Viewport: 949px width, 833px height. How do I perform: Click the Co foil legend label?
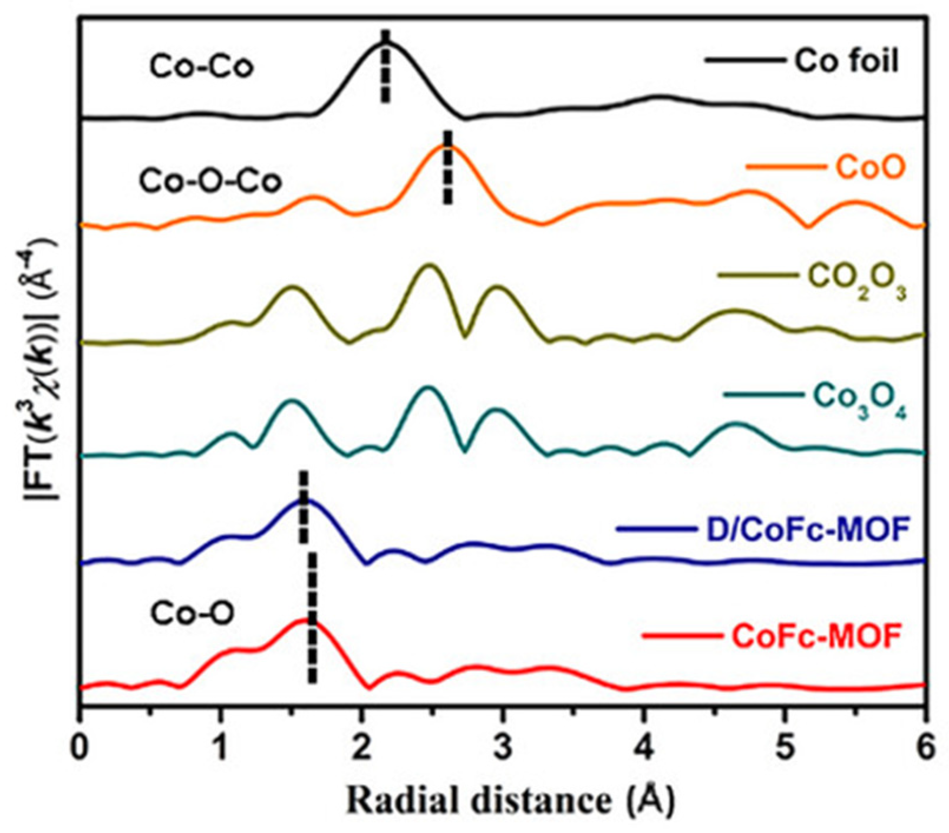[x=846, y=61]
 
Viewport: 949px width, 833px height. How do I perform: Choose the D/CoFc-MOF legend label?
[x=805, y=530]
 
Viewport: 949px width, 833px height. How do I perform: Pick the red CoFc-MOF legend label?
[x=816, y=636]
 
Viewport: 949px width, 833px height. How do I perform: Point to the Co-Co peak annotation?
[x=202, y=67]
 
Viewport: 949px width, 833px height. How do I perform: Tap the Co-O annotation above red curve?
[x=192, y=613]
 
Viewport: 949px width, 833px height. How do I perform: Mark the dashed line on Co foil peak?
[x=385, y=67]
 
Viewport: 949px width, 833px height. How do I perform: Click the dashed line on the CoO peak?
[x=447, y=167]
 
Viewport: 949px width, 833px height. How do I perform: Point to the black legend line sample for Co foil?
[x=744, y=61]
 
